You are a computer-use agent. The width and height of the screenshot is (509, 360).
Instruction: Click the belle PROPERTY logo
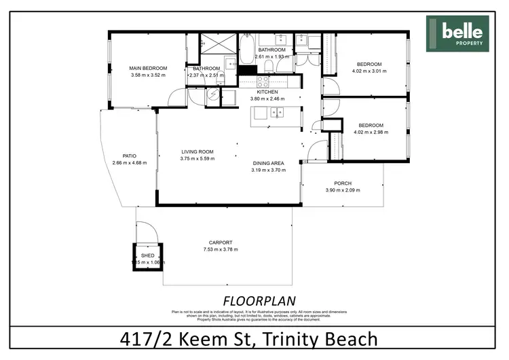pos(457,34)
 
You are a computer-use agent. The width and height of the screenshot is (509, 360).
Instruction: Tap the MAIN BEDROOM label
pos(149,68)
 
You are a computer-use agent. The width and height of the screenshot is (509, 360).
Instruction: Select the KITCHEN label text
pos(267,92)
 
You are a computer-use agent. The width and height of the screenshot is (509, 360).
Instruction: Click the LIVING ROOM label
pos(197,151)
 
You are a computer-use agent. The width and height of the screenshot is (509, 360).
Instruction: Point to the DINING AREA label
pos(267,163)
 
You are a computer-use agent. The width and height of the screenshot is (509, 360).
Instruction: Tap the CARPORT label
pos(221,242)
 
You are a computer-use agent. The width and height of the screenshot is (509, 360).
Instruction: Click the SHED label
pos(148,255)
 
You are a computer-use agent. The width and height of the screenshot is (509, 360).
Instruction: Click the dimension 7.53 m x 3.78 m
pos(221,249)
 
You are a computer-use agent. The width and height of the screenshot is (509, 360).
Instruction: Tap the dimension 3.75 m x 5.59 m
pos(197,158)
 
